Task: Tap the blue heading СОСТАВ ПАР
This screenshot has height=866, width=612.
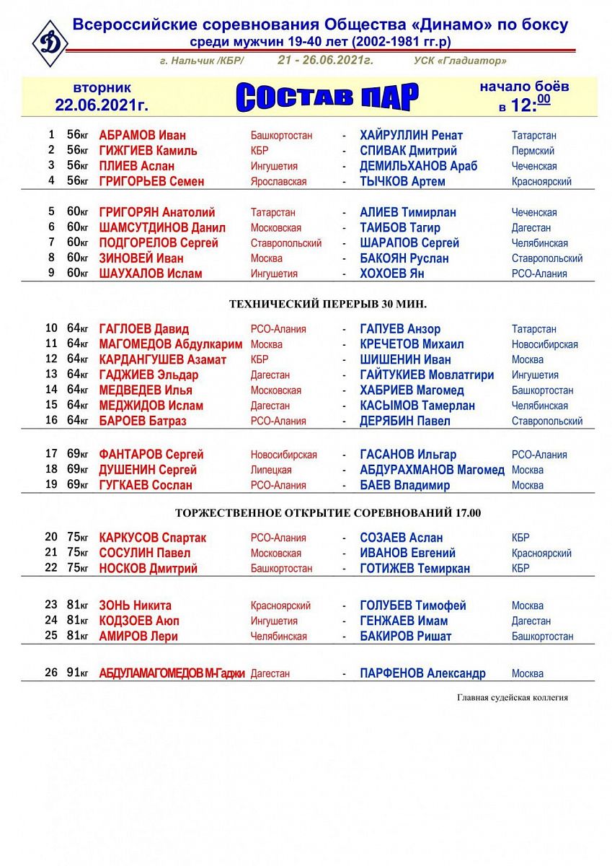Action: coord(327,97)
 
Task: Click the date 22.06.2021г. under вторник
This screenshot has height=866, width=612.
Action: coord(102,105)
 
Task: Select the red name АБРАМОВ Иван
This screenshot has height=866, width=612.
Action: coord(142,136)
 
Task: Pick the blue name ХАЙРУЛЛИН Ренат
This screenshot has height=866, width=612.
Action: coord(411,136)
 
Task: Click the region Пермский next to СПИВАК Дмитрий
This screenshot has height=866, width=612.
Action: coord(533,152)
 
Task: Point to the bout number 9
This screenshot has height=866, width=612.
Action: coord(51,274)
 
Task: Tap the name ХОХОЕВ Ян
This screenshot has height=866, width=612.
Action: coord(391,274)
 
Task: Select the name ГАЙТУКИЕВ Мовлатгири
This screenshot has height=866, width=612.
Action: coord(427,375)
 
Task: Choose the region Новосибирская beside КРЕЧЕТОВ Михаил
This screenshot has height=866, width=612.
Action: coord(544,345)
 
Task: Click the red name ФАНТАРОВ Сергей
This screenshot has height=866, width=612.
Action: coord(151,455)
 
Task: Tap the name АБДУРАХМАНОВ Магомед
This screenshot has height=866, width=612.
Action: coord(432,470)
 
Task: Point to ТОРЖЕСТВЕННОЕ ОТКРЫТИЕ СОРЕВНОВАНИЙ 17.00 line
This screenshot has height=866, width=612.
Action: coord(328,513)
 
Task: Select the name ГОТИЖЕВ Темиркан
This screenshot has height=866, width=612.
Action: coord(414,569)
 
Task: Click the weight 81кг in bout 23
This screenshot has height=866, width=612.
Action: coord(77,605)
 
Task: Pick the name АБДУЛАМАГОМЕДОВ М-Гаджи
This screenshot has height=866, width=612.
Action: coord(172,673)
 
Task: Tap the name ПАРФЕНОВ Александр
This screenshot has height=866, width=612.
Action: coord(422,673)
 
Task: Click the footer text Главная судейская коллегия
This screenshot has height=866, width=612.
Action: coord(512,698)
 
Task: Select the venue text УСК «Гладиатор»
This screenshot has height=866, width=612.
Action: coord(461,61)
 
